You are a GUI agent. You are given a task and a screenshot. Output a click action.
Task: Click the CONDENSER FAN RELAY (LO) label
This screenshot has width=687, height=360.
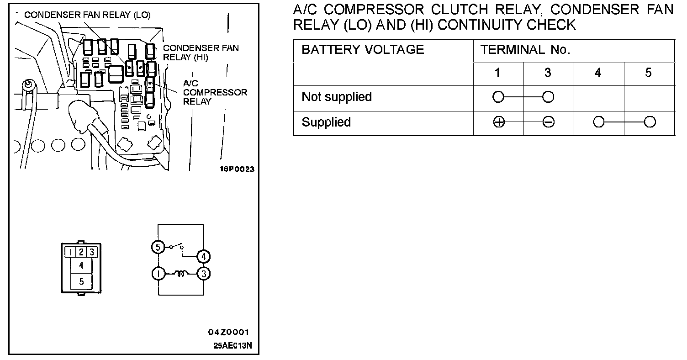pos(87,15)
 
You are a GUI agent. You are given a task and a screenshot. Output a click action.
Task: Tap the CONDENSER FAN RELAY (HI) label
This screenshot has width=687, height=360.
pos(201,53)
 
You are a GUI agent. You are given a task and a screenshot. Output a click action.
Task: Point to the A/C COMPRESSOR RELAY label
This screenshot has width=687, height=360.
pos(215,92)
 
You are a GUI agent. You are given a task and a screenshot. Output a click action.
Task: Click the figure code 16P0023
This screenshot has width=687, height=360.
pos(237,169)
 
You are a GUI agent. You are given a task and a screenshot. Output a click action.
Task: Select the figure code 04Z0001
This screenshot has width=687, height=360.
pos(228,332)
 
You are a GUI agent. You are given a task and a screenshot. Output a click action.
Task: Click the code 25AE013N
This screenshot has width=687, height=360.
pos(233,345)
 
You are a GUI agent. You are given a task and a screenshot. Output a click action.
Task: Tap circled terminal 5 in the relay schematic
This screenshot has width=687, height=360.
pos(158,247)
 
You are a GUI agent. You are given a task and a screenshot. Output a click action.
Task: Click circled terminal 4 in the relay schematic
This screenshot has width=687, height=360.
pos(203,256)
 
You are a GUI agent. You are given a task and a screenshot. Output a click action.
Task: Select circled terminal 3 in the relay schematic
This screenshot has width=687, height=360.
pos(204,274)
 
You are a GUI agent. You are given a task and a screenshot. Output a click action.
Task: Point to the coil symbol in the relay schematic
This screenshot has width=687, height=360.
pos(181,274)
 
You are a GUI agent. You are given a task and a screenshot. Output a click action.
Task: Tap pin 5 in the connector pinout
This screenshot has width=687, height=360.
pos(81,281)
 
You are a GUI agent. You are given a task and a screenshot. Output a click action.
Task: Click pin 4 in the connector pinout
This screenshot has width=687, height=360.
pos(81,265)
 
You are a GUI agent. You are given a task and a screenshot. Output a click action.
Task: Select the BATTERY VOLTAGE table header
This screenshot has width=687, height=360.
pos(363,50)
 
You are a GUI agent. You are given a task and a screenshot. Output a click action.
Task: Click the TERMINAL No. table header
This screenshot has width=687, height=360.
pos(525,50)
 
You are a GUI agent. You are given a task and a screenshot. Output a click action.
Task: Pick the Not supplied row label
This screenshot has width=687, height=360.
pos(337,97)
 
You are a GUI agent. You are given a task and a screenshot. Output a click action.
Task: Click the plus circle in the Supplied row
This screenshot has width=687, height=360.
pos(499,122)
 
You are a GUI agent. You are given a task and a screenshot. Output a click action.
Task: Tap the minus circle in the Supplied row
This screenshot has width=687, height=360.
pos(549,122)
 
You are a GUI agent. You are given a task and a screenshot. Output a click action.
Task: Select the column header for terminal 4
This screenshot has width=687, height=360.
pos(598,73)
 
